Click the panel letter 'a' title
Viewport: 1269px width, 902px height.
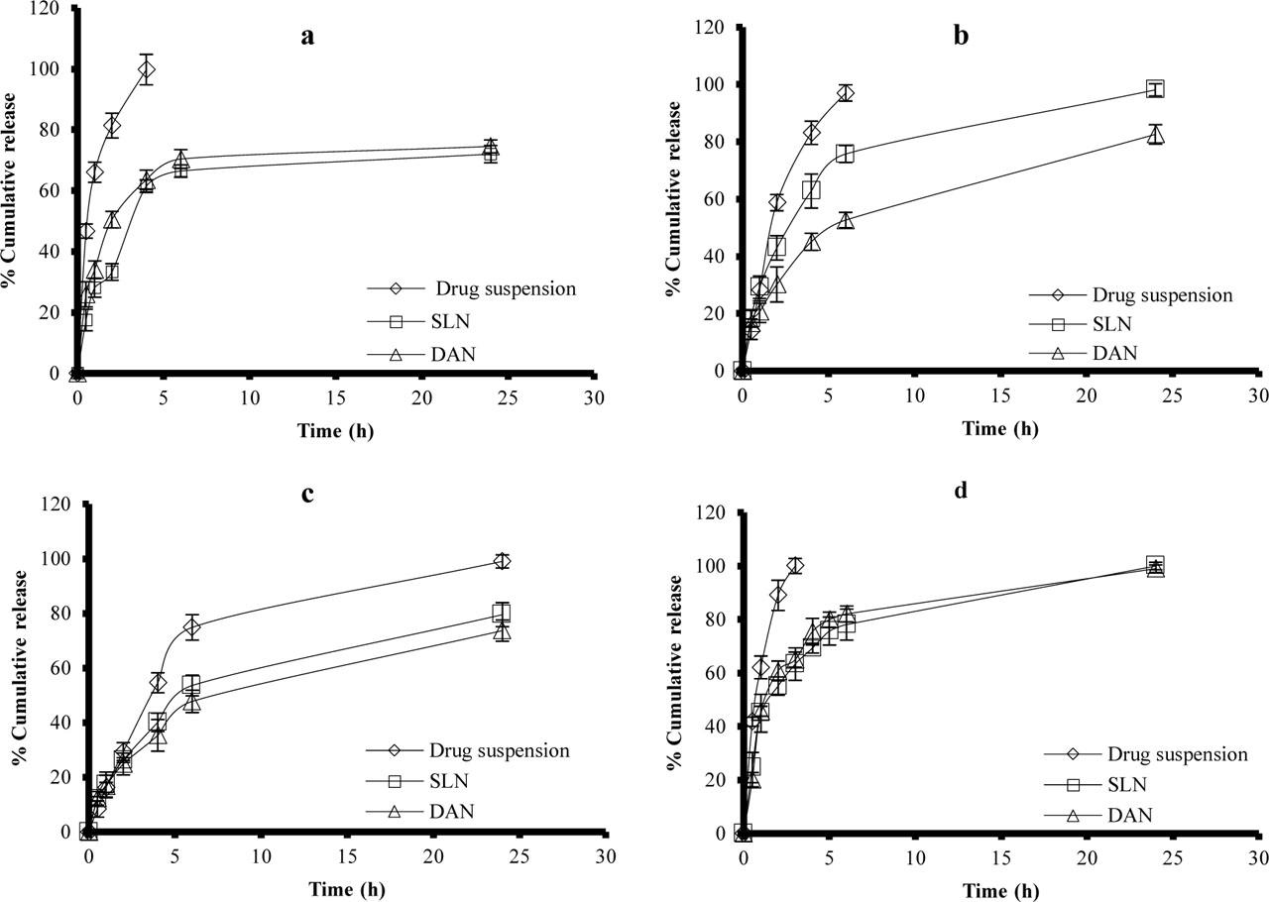[308, 38]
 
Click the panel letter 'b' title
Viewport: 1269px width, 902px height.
[961, 38]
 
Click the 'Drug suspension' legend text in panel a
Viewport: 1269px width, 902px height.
[507, 289]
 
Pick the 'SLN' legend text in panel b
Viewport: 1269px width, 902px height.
[1110, 323]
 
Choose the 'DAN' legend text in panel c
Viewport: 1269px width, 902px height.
[452, 811]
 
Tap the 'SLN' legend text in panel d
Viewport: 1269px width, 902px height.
[1126, 785]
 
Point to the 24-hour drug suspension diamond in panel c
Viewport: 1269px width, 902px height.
[502, 561]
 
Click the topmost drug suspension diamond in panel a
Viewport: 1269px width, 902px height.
[147, 70]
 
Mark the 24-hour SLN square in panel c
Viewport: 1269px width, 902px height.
[502, 613]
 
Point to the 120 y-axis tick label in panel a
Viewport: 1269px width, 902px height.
[45, 9]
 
